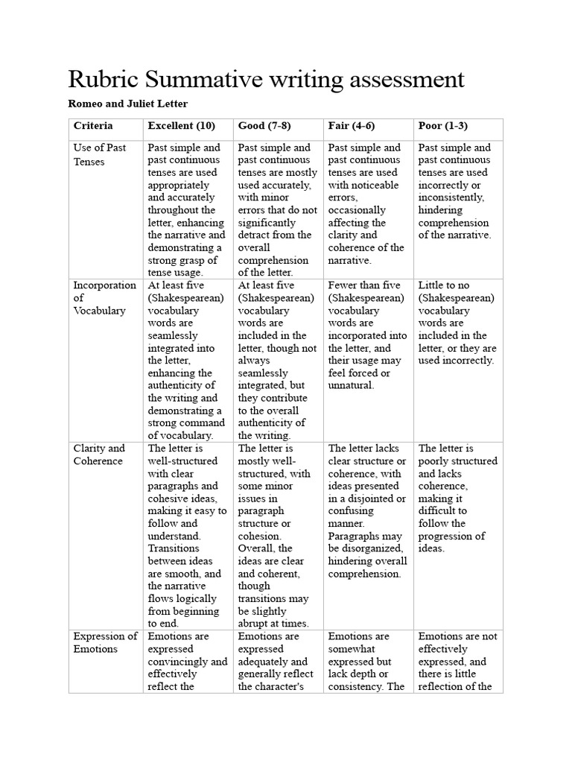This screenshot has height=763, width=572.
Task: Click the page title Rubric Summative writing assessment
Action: [x=266, y=80]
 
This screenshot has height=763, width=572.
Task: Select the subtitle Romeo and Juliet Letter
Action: [x=128, y=104]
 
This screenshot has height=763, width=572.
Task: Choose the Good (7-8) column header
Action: [x=267, y=126]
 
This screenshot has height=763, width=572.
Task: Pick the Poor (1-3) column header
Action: [x=443, y=126]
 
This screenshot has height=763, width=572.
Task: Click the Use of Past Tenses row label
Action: [x=100, y=154]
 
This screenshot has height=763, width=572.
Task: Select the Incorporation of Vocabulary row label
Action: [x=104, y=298]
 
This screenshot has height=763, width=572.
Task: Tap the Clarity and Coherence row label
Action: [x=98, y=455]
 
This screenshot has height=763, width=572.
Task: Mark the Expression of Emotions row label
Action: [x=104, y=642]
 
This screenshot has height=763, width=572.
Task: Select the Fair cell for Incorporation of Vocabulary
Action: [x=366, y=335]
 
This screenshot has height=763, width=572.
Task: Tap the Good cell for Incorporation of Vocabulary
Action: [x=277, y=361]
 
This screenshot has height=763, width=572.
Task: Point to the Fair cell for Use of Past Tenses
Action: [x=366, y=204]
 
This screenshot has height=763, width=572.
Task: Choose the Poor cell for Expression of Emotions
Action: [x=457, y=662]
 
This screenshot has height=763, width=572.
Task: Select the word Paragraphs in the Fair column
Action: [x=355, y=536]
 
